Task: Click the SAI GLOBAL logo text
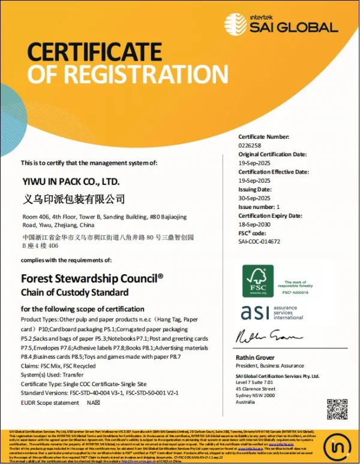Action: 293,27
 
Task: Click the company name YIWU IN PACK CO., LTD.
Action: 71,181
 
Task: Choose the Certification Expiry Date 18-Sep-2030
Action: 254,225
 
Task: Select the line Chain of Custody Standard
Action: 75,293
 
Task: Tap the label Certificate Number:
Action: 264,137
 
